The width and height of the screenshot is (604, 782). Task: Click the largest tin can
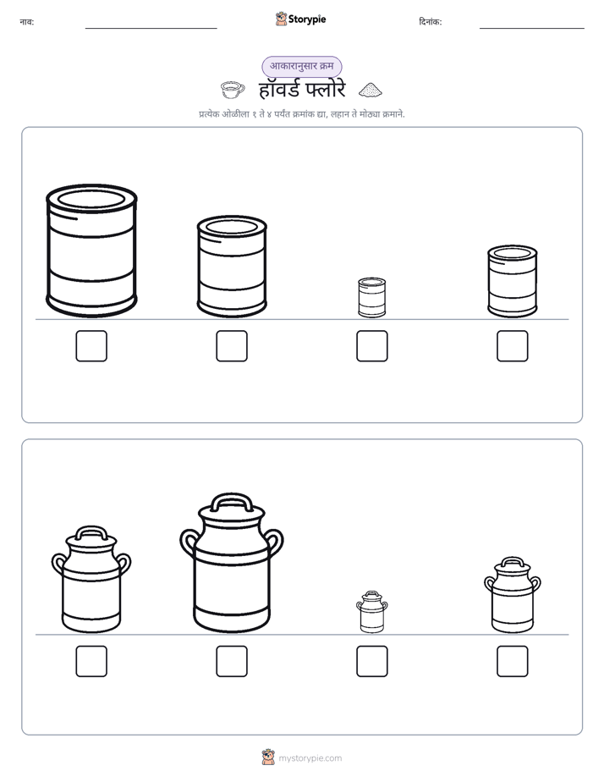[91, 251]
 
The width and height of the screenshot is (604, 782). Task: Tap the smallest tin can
[371, 297]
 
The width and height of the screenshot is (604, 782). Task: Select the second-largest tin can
[232, 267]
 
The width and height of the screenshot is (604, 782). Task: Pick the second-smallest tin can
[513, 281]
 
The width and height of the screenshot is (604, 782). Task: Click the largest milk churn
[232, 564]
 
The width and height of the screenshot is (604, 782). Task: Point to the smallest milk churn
[371, 612]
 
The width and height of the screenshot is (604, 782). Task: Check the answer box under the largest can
[91, 346]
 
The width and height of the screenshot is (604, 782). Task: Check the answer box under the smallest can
[371, 346]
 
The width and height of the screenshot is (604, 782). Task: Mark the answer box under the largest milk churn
[232, 661]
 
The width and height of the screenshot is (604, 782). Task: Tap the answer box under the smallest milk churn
[371, 661]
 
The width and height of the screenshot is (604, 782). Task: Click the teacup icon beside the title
[233, 90]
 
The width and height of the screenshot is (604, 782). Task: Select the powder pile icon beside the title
[371, 90]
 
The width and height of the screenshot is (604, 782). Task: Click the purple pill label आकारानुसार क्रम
[301, 66]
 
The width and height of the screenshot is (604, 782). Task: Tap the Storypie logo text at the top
[307, 19]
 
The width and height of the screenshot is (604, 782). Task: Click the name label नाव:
[27, 22]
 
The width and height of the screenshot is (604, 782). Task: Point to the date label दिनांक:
[431, 22]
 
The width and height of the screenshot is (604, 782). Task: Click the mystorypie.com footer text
[310, 758]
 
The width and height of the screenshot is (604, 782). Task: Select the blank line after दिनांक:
[532, 28]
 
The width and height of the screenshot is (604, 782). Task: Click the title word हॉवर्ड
[279, 90]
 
